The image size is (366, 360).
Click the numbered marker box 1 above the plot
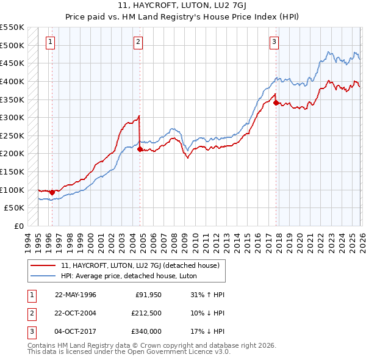pyautogui.click(x=50, y=42)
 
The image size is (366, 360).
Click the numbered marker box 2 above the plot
pyautogui.click(x=138, y=42)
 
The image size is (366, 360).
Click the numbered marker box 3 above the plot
pyautogui.click(x=274, y=42)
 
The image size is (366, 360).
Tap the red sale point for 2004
pyautogui.click(x=140, y=149)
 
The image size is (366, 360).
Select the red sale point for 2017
pyautogui.click(x=276, y=103)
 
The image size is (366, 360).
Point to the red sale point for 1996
pyautogui.click(x=52, y=192)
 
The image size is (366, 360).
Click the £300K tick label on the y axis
pyautogui.click(x=12, y=117)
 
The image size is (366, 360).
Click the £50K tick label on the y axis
pyautogui.click(x=15, y=207)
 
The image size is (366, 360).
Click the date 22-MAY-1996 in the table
pyautogui.click(x=76, y=295)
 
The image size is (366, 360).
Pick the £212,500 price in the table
pyautogui.click(x=146, y=313)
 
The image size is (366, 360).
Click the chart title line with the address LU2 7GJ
pyautogui.click(x=182, y=7)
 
